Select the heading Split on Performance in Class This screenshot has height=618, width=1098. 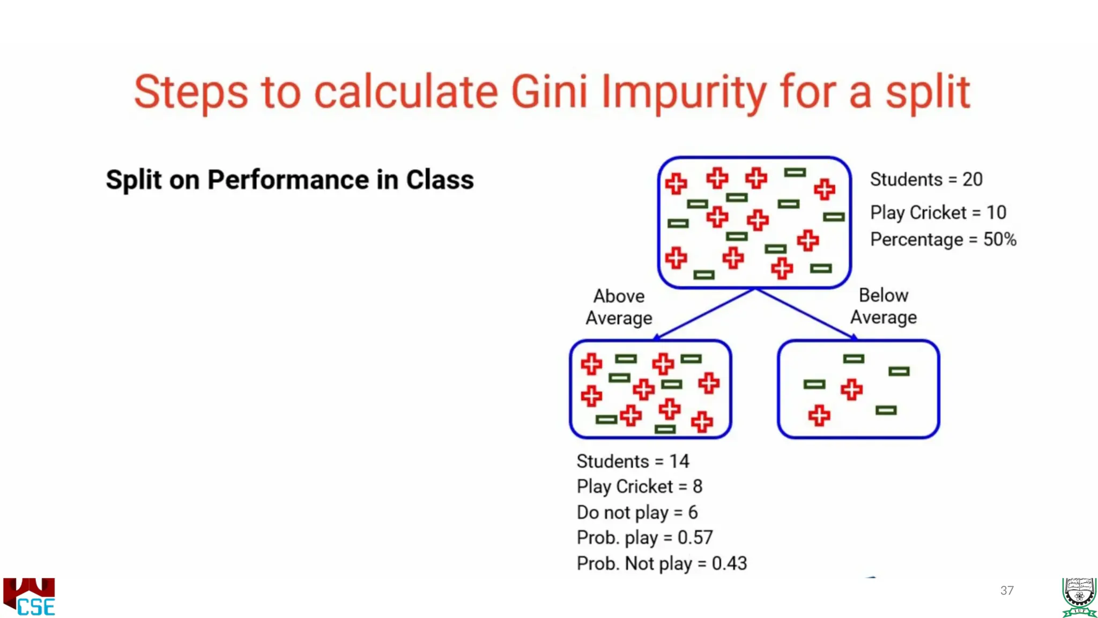tap(290, 180)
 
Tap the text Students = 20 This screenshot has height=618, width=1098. tap(926, 179)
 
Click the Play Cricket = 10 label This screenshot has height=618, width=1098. tap(938, 212)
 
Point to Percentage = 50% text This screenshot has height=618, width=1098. tap(943, 239)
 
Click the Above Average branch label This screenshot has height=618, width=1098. tap(619, 307)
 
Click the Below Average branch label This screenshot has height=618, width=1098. tap(883, 306)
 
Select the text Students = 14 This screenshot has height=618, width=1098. tap(633, 461)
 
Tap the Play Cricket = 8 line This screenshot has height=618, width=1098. tap(639, 487)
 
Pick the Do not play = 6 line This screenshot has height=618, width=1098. tap(637, 512)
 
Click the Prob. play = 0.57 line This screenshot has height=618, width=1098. tap(644, 538)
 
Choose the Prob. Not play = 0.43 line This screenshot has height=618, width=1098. tap(662, 563)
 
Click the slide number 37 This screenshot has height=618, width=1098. tap(1007, 591)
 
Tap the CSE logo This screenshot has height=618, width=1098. tap(29, 597)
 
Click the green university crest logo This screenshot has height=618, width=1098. tap(1079, 597)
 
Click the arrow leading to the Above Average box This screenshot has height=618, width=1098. tap(704, 314)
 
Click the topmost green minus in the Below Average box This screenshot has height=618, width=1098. tap(854, 359)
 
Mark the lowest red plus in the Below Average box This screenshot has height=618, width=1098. tap(819, 416)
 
